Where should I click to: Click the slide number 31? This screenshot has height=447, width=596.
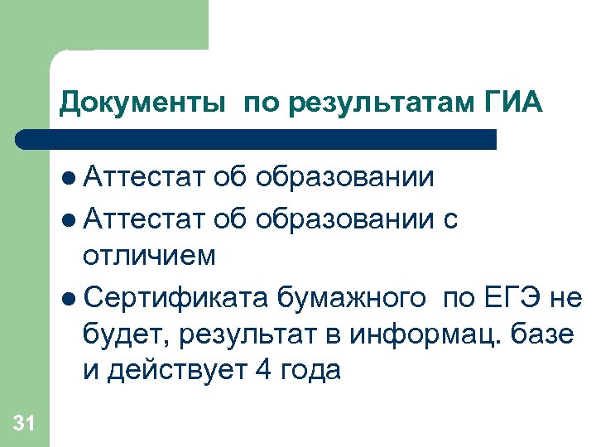point(24,424)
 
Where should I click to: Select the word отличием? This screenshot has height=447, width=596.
point(150,256)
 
